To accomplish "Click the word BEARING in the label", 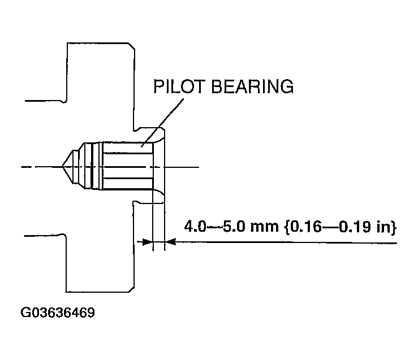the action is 252,86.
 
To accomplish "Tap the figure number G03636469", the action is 58,313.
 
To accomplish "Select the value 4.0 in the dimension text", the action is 195,227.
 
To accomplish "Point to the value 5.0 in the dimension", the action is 234,227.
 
